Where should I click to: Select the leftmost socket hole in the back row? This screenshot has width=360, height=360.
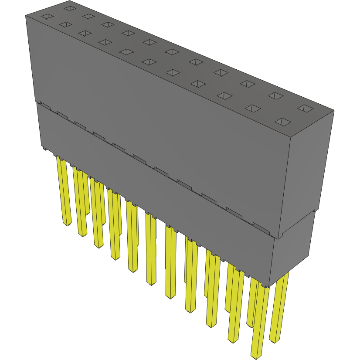69,8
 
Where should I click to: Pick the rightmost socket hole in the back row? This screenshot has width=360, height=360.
305,108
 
